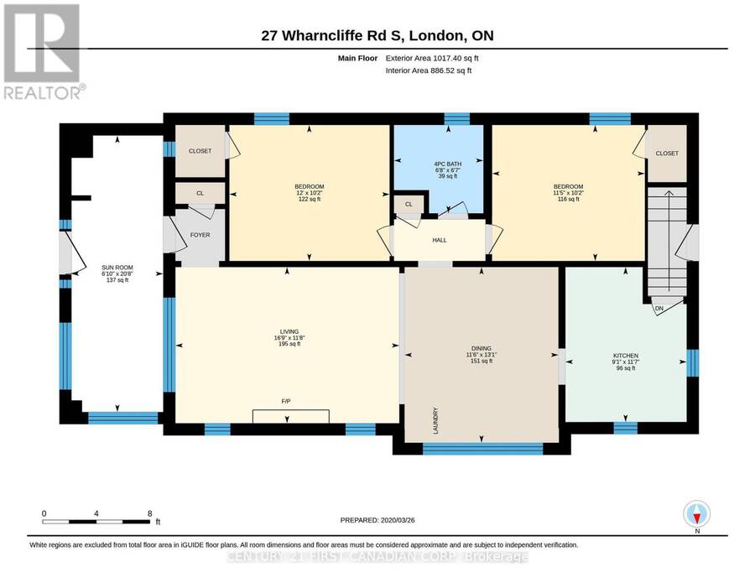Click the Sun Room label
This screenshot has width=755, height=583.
coord(117,268)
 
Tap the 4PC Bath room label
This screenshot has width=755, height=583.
coord(448,164)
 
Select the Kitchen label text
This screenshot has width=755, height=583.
coord(626,356)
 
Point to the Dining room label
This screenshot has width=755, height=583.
coord(482,349)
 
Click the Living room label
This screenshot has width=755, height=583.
coord(289,331)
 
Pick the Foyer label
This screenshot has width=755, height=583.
coord(200,235)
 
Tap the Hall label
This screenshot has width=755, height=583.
coord(439,240)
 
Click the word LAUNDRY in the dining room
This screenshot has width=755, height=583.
coord(435,421)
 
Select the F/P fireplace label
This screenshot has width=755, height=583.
coord(286,401)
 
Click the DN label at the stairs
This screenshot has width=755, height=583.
coord(659,308)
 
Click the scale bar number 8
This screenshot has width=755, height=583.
coord(150,513)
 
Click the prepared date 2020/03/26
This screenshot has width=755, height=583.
coord(398,520)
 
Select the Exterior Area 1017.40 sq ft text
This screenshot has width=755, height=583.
coord(432,58)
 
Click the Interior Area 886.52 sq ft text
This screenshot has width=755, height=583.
coord(429,70)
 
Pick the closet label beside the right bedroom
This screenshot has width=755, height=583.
coord(667,154)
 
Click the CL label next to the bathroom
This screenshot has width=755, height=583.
coord(409,204)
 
